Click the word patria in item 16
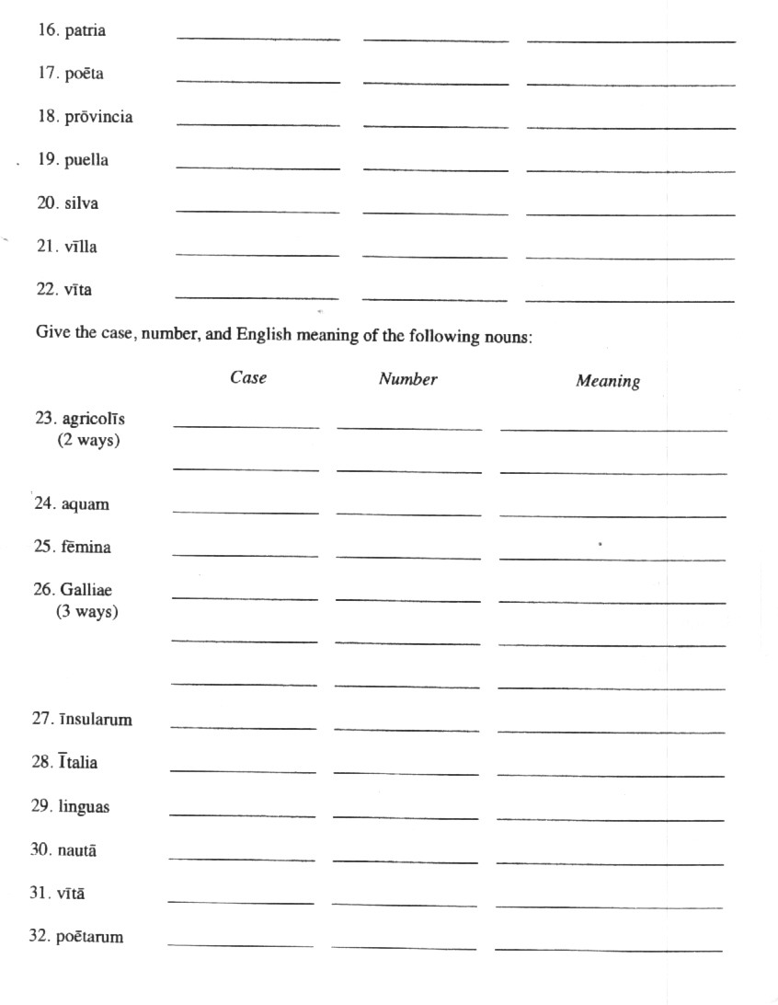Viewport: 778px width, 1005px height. point(85,31)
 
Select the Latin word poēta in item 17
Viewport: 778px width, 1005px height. point(84,75)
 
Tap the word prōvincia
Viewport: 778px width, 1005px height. point(98,118)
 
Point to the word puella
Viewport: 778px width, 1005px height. point(86,161)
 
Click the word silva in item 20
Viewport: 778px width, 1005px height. point(81,204)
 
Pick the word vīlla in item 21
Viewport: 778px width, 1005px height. point(80,248)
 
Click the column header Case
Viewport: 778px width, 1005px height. point(248,378)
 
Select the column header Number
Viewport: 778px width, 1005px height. point(407,379)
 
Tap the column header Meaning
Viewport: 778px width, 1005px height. point(608,381)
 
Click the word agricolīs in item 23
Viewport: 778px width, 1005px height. point(93,420)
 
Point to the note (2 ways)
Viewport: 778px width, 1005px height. point(88,440)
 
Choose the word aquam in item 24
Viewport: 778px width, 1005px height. point(85,504)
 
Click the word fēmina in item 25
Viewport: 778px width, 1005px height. point(86,548)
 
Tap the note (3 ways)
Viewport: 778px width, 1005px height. point(86,611)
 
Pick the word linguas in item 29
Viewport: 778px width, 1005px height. point(84,807)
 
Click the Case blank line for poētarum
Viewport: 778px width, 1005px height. point(241,944)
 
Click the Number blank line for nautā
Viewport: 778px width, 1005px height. point(406,861)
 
